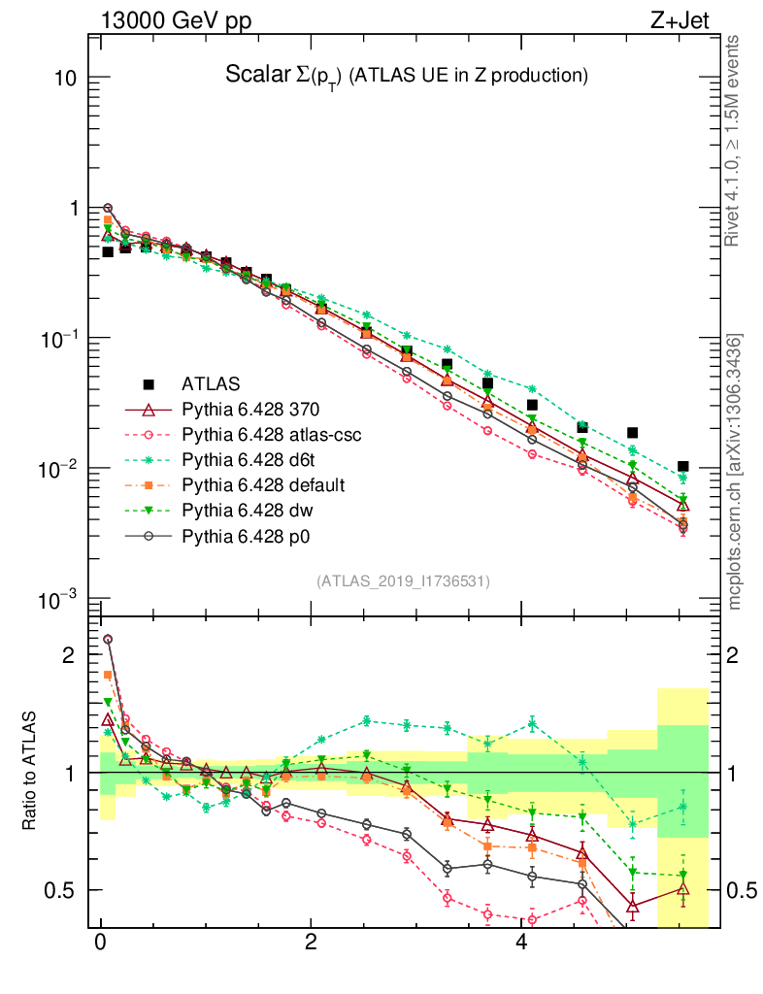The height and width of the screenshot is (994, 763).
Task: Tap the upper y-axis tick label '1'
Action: click(x=71, y=208)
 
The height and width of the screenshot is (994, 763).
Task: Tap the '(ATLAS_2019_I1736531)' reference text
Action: click(x=403, y=581)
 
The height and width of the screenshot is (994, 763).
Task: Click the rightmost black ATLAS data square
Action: click(x=682, y=467)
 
